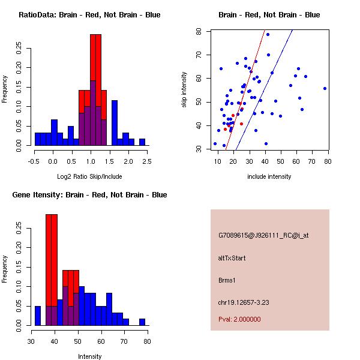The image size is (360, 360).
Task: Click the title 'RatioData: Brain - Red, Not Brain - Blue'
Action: pos(89,15)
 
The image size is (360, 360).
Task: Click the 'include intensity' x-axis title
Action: pos(269,176)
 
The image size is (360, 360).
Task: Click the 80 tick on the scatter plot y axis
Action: pos(202,31)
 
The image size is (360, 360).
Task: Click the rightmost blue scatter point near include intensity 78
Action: pos(325,88)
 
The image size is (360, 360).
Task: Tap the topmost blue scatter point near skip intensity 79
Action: pos(268,34)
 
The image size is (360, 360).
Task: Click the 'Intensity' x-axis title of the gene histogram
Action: pos(90,356)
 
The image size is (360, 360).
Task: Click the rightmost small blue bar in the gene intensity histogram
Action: pos(142,322)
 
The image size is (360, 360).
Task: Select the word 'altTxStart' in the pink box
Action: pos(232,258)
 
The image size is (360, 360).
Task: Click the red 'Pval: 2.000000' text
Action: pos(239,319)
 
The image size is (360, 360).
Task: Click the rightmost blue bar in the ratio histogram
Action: pos(142,142)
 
